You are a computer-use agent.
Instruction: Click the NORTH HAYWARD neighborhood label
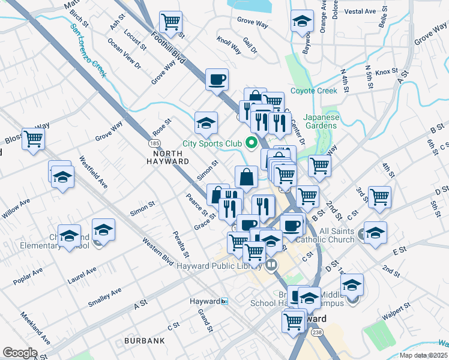click(168, 157)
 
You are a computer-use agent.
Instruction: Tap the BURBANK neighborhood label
click(144, 341)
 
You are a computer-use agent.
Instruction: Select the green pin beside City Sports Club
click(252, 143)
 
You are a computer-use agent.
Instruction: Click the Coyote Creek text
click(313, 91)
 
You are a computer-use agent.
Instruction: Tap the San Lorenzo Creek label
click(88, 50)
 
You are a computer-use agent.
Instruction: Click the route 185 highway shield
click(154, 144)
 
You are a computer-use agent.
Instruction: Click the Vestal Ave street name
click(360, 11)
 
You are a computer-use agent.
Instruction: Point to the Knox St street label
click(387, 72)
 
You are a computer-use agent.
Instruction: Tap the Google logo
click(20, 353)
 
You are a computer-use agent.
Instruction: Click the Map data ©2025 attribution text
click(423, 355)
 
